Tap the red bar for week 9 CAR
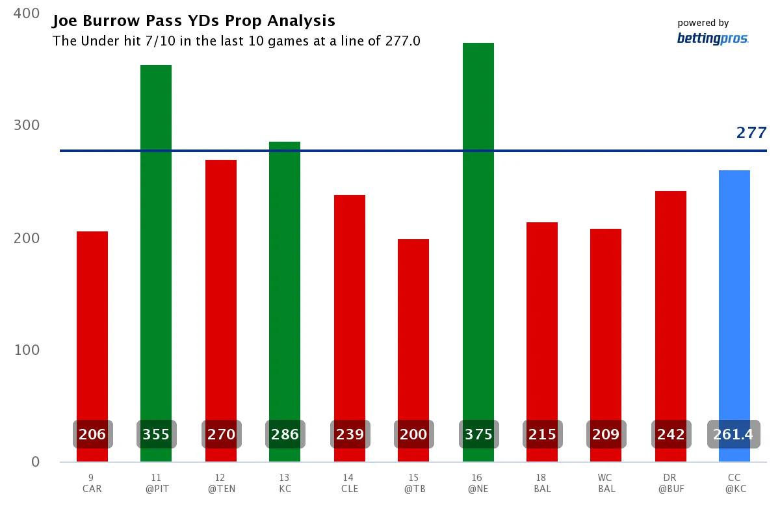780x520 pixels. [x=92, y=325]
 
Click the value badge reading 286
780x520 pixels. [x=285, y=434]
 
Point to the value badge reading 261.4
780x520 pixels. [x=733, y=434]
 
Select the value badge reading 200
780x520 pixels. [x=413, y=434]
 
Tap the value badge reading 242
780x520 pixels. [x=671, y=434]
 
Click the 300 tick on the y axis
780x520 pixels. [x=27, y=125]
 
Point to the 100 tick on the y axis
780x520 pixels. [x=27, y=350]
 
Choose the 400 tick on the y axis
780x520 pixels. [x=27, y=13]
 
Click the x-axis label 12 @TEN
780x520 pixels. [x=221, y=484]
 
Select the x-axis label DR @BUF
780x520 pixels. [x=670, y=484]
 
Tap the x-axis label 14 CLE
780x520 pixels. [x=350, y=484]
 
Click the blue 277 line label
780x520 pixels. [x=751, y=133]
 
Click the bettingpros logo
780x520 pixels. [x=712, y=39]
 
